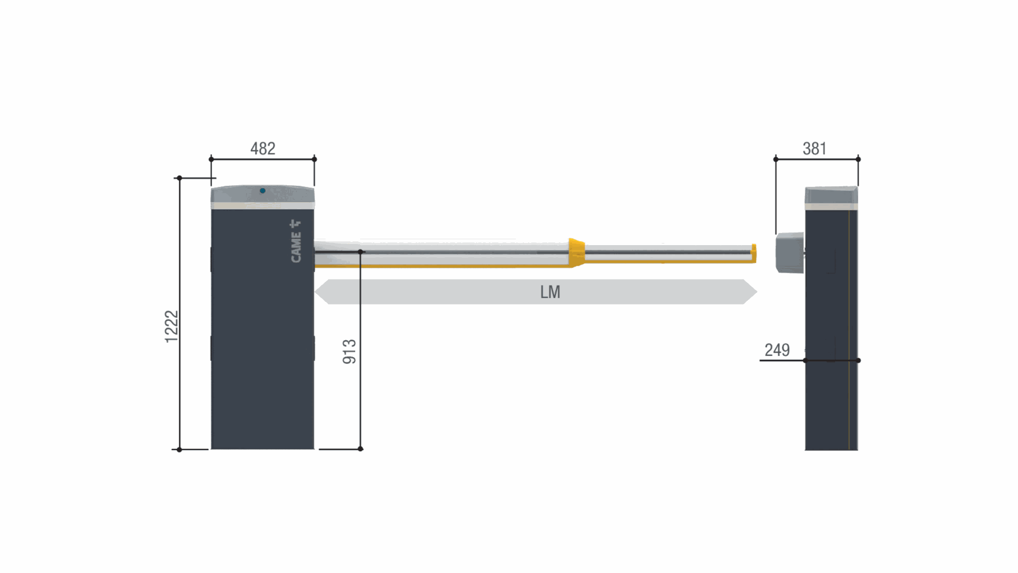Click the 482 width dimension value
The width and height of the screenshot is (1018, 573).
[x=262, y=149]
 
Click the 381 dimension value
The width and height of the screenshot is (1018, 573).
[x=814, y=149]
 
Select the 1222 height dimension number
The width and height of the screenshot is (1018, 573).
[x=171, y=326]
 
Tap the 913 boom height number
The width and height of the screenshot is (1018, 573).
[x=349, y=352]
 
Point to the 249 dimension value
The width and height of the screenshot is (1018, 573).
[x=777, y=350]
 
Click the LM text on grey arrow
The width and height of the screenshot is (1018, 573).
[x=550, y=292]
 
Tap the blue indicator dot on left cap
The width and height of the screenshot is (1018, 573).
[x=262, y=190]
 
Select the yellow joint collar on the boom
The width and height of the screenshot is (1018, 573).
[x=576, y=252]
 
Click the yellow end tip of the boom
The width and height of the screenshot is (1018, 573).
[x=753, y=254]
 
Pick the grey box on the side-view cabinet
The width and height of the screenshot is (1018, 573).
[x=789, y=253]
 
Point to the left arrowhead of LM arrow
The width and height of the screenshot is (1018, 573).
[x=322, y=292]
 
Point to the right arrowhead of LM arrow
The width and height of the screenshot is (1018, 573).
[x=750, y=292]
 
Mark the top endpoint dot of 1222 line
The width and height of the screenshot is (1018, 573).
[x=179, y=178]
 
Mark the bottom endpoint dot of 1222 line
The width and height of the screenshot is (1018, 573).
[x=179, y=449]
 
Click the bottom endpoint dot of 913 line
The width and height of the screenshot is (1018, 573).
[x=361, y=449]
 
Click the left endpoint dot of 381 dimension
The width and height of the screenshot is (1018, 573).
[x=776, y=159]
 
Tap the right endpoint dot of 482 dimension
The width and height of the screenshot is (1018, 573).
[x=314, y=159]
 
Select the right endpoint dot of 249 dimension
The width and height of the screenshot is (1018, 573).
[x=858, y=360]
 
